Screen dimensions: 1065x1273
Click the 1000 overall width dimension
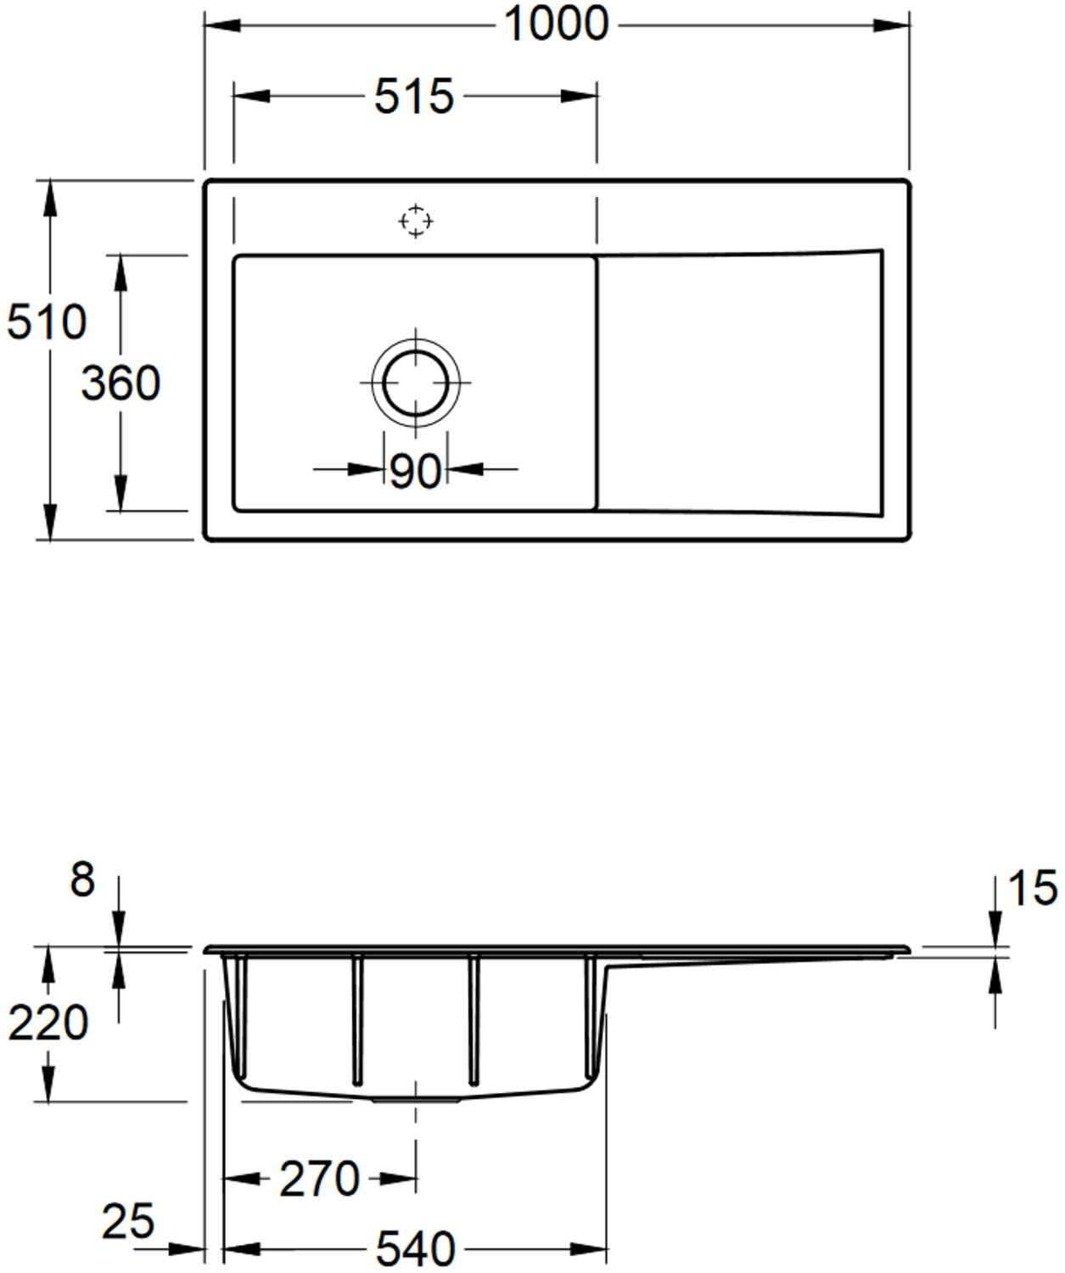[x=557, y=25]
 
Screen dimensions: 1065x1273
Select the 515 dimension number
[x=414, y=97]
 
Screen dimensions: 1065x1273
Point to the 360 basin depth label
[x=121, y=383]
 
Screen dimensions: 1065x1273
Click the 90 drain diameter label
[x=414, y=471]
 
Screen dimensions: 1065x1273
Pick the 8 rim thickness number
[x=82, y=880]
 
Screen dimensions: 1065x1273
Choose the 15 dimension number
[x=1033, y=888]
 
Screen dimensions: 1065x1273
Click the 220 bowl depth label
[x=48, y=1023]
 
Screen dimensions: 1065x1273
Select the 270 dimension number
[x=319, y=1179]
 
